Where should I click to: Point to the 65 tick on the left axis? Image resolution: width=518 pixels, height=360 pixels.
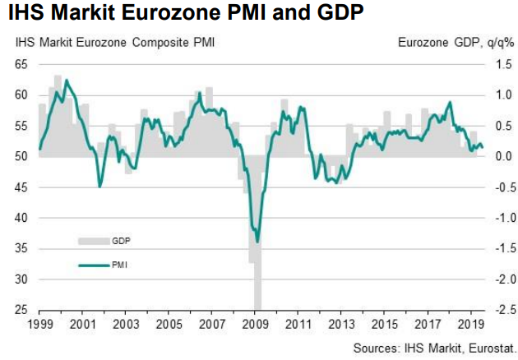coord(23,64)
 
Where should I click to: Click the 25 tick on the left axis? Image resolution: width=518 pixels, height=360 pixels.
coord(23,311)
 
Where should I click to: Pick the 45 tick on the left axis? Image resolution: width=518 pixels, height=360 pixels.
coord(23,187)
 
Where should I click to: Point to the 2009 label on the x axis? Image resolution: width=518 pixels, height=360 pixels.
coord(254,324)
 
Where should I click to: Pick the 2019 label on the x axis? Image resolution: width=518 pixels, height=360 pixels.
coord(469,324)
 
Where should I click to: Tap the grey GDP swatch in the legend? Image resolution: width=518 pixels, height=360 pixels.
coord(93,240)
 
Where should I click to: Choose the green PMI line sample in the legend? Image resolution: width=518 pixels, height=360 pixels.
coord(93,265)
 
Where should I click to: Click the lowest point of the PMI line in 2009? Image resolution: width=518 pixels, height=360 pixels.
coord(258,242)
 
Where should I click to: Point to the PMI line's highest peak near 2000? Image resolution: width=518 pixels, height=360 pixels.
coord(66,81)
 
